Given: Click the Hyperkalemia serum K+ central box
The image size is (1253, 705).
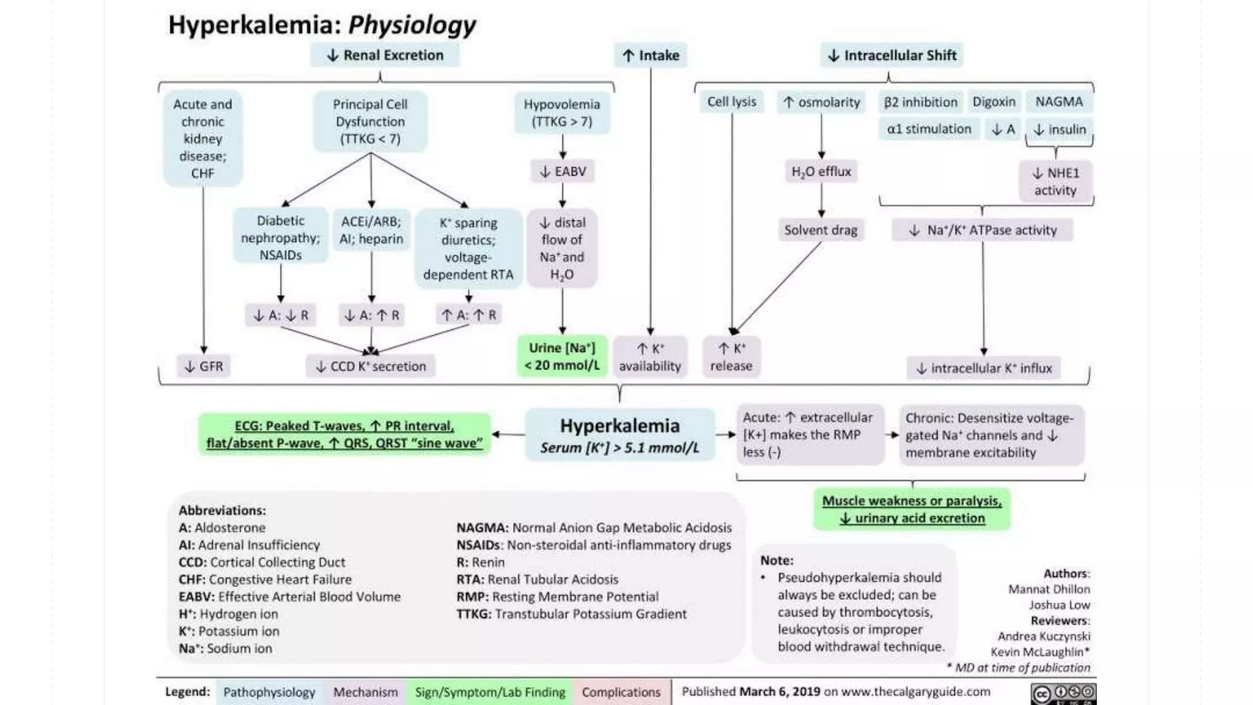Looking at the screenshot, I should point(620,435).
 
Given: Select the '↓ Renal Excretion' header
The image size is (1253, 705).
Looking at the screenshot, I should point(385,55).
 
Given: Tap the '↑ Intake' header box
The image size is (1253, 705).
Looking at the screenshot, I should point(651,56).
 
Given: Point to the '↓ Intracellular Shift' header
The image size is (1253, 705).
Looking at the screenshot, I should point(892,56).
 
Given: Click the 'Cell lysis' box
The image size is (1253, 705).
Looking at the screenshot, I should point(732,102).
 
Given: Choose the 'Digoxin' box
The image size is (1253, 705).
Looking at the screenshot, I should point(994,102).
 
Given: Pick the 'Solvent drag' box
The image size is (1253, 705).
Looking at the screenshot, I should point(820,230).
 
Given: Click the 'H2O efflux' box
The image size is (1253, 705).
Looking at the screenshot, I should point(821,171).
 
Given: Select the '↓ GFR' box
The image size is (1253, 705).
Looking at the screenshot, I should point(204,366).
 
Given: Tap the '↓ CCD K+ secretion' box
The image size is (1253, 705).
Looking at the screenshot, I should point(371,366).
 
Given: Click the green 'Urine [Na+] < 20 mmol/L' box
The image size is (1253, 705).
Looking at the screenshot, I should point(562,356).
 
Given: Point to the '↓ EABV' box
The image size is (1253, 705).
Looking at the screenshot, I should point(562,171).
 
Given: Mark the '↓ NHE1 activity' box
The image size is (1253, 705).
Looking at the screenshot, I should point(1055,181).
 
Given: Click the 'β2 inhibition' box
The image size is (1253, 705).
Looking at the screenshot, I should point(920,102).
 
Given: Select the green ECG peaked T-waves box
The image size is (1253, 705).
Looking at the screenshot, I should point(344,435).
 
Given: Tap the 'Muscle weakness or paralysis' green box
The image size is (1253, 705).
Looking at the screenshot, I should point(912,509).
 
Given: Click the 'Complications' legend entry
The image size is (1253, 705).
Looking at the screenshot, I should point(621,692).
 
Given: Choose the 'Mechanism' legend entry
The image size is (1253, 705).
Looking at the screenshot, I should point(365,692).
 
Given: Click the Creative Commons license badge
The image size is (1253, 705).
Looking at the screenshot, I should point(1063,694).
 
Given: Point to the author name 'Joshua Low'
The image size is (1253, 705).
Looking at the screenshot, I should point(1059,605).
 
